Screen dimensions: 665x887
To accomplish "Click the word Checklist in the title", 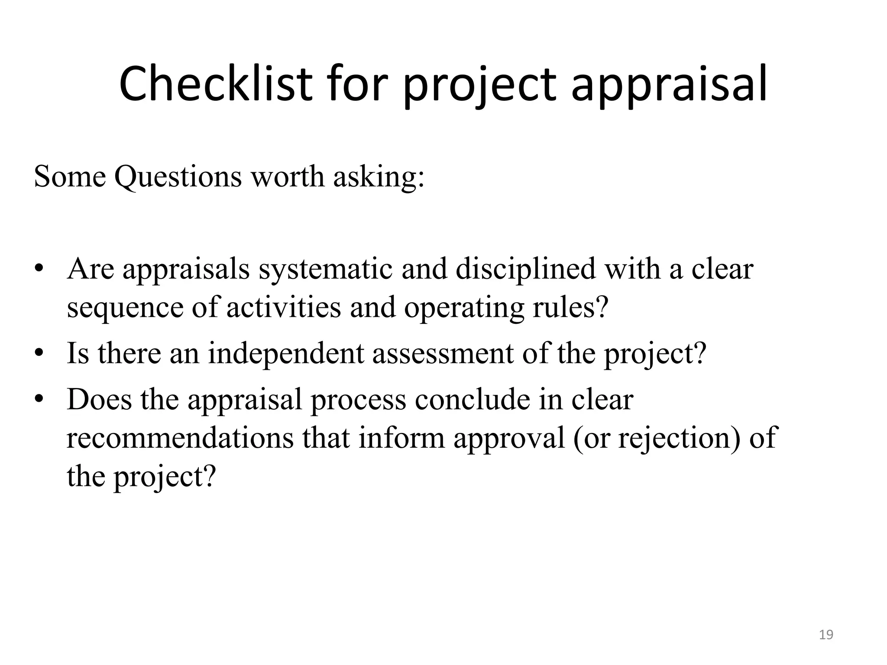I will click(215, 84).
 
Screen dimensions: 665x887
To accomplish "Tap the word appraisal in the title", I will click(669, 84).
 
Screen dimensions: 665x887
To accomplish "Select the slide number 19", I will click(826, 635).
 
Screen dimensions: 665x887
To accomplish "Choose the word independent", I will click(286, 353).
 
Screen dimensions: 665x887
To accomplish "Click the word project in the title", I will click(480, 84).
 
